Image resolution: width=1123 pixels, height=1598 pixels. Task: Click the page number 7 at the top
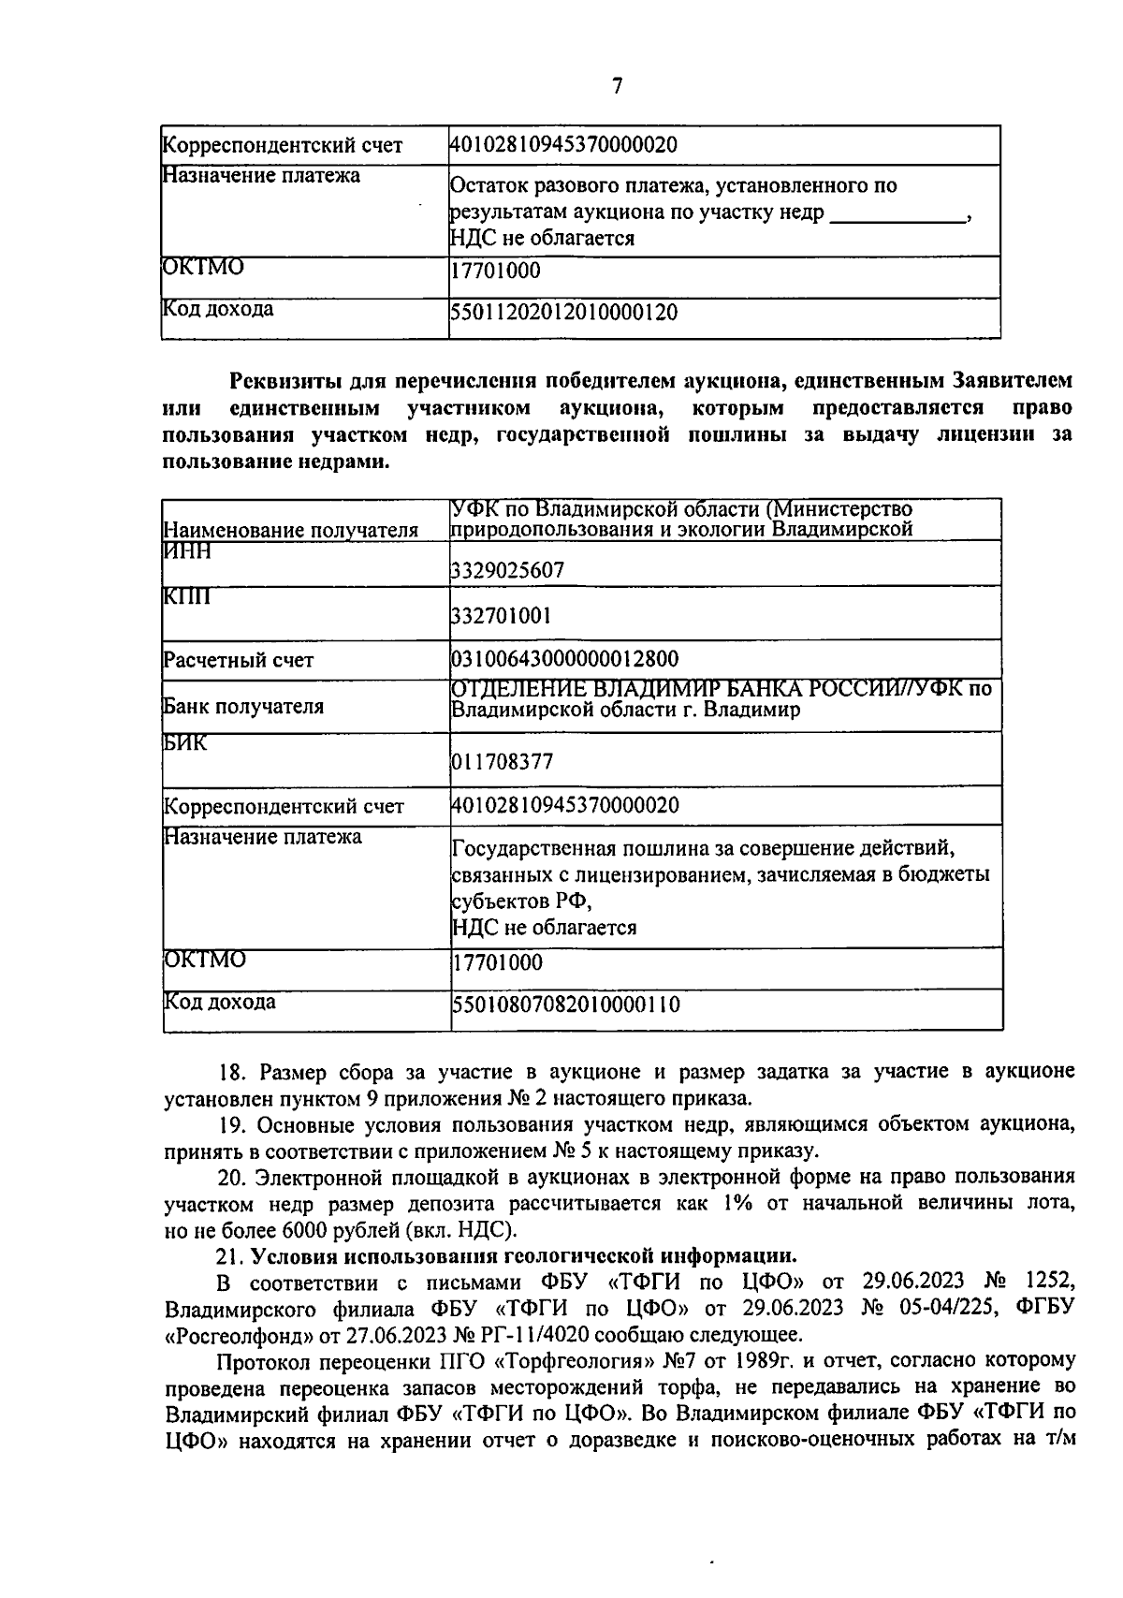click(x=617, y=86)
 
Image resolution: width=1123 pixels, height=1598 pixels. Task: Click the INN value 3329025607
click(x=508, y=570)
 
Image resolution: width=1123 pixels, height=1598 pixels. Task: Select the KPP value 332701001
click(x=502, y=616)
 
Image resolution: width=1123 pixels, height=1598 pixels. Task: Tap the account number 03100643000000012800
click(x=565, y=658)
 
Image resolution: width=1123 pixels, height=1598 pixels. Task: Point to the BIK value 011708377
click(x=503, y=762)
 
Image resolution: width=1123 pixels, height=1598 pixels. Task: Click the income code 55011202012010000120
click(x=564, y=313)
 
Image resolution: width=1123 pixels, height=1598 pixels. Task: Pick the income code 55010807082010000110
click(x=566, y=1005)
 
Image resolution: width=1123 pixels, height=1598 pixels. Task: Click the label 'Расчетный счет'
click(x=239, y=660)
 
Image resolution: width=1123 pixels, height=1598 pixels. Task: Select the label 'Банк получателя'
click(x=243, y=706)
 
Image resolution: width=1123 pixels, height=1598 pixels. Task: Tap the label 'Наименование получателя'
click(x=290, y=531)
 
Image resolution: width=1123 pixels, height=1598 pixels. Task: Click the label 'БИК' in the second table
click(x=185, y=743)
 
